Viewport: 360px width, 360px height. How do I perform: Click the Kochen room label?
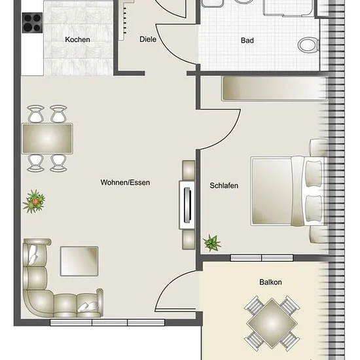pos(77,39)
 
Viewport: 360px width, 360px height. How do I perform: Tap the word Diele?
pos(148,39)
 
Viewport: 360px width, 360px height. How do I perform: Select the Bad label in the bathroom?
pos(247,41)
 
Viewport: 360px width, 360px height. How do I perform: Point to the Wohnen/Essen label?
pos(125,183)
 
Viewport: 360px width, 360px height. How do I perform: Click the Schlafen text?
pos(224,185)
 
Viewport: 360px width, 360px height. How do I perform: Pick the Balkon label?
pos(270,282)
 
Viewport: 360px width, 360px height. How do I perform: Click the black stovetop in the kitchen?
pos(32,23)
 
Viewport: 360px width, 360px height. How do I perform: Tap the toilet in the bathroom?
pos(308,45)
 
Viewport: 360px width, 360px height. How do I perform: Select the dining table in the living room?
pos(47,139)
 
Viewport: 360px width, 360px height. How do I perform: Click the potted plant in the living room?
pos(34,202)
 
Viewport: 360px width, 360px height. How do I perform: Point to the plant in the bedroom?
pos(211,243)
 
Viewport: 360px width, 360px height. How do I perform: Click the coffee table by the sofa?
pos(79,261)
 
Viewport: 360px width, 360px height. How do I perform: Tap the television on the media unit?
pos(187,205)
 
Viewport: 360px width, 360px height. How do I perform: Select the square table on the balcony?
pos(272,323)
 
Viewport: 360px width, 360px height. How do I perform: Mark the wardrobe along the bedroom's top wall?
pos(274,89)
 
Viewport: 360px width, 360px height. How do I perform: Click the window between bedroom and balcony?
pos(262,258)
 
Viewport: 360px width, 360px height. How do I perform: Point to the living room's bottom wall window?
pos(107,322)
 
